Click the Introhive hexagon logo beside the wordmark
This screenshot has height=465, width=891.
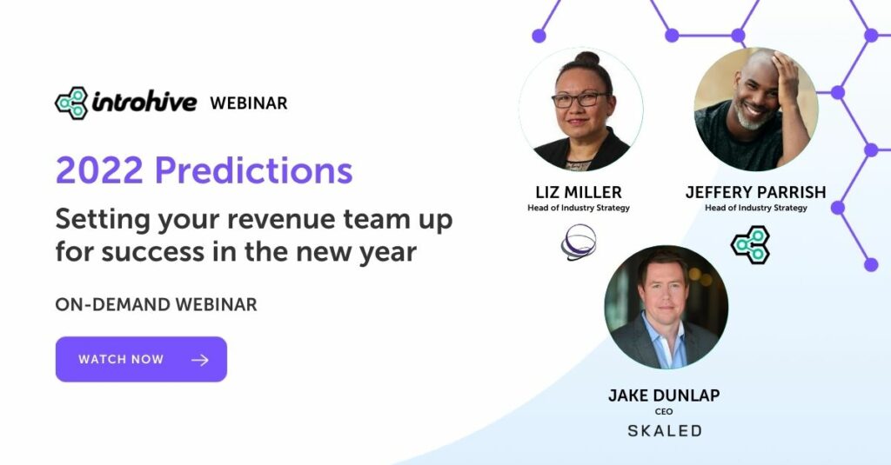coord(71,103)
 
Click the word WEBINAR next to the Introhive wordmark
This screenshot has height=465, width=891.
coord(248,103)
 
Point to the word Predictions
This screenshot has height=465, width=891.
coord(254,170)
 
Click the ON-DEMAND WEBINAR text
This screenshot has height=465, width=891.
coord(156,305)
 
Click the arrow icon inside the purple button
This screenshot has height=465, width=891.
coord(200,360)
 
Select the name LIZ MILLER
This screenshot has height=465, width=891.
coord(579,191)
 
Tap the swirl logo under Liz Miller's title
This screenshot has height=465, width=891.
coord(579,242)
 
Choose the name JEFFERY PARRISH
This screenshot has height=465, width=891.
coord(754,191)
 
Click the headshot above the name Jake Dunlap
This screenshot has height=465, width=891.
coord(666,307)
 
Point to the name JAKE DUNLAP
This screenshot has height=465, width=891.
coord(665,395)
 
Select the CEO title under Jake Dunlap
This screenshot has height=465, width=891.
coord(665,411)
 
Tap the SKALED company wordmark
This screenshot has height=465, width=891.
coord(665,431)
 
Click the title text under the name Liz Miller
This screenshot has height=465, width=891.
coord(579,208)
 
